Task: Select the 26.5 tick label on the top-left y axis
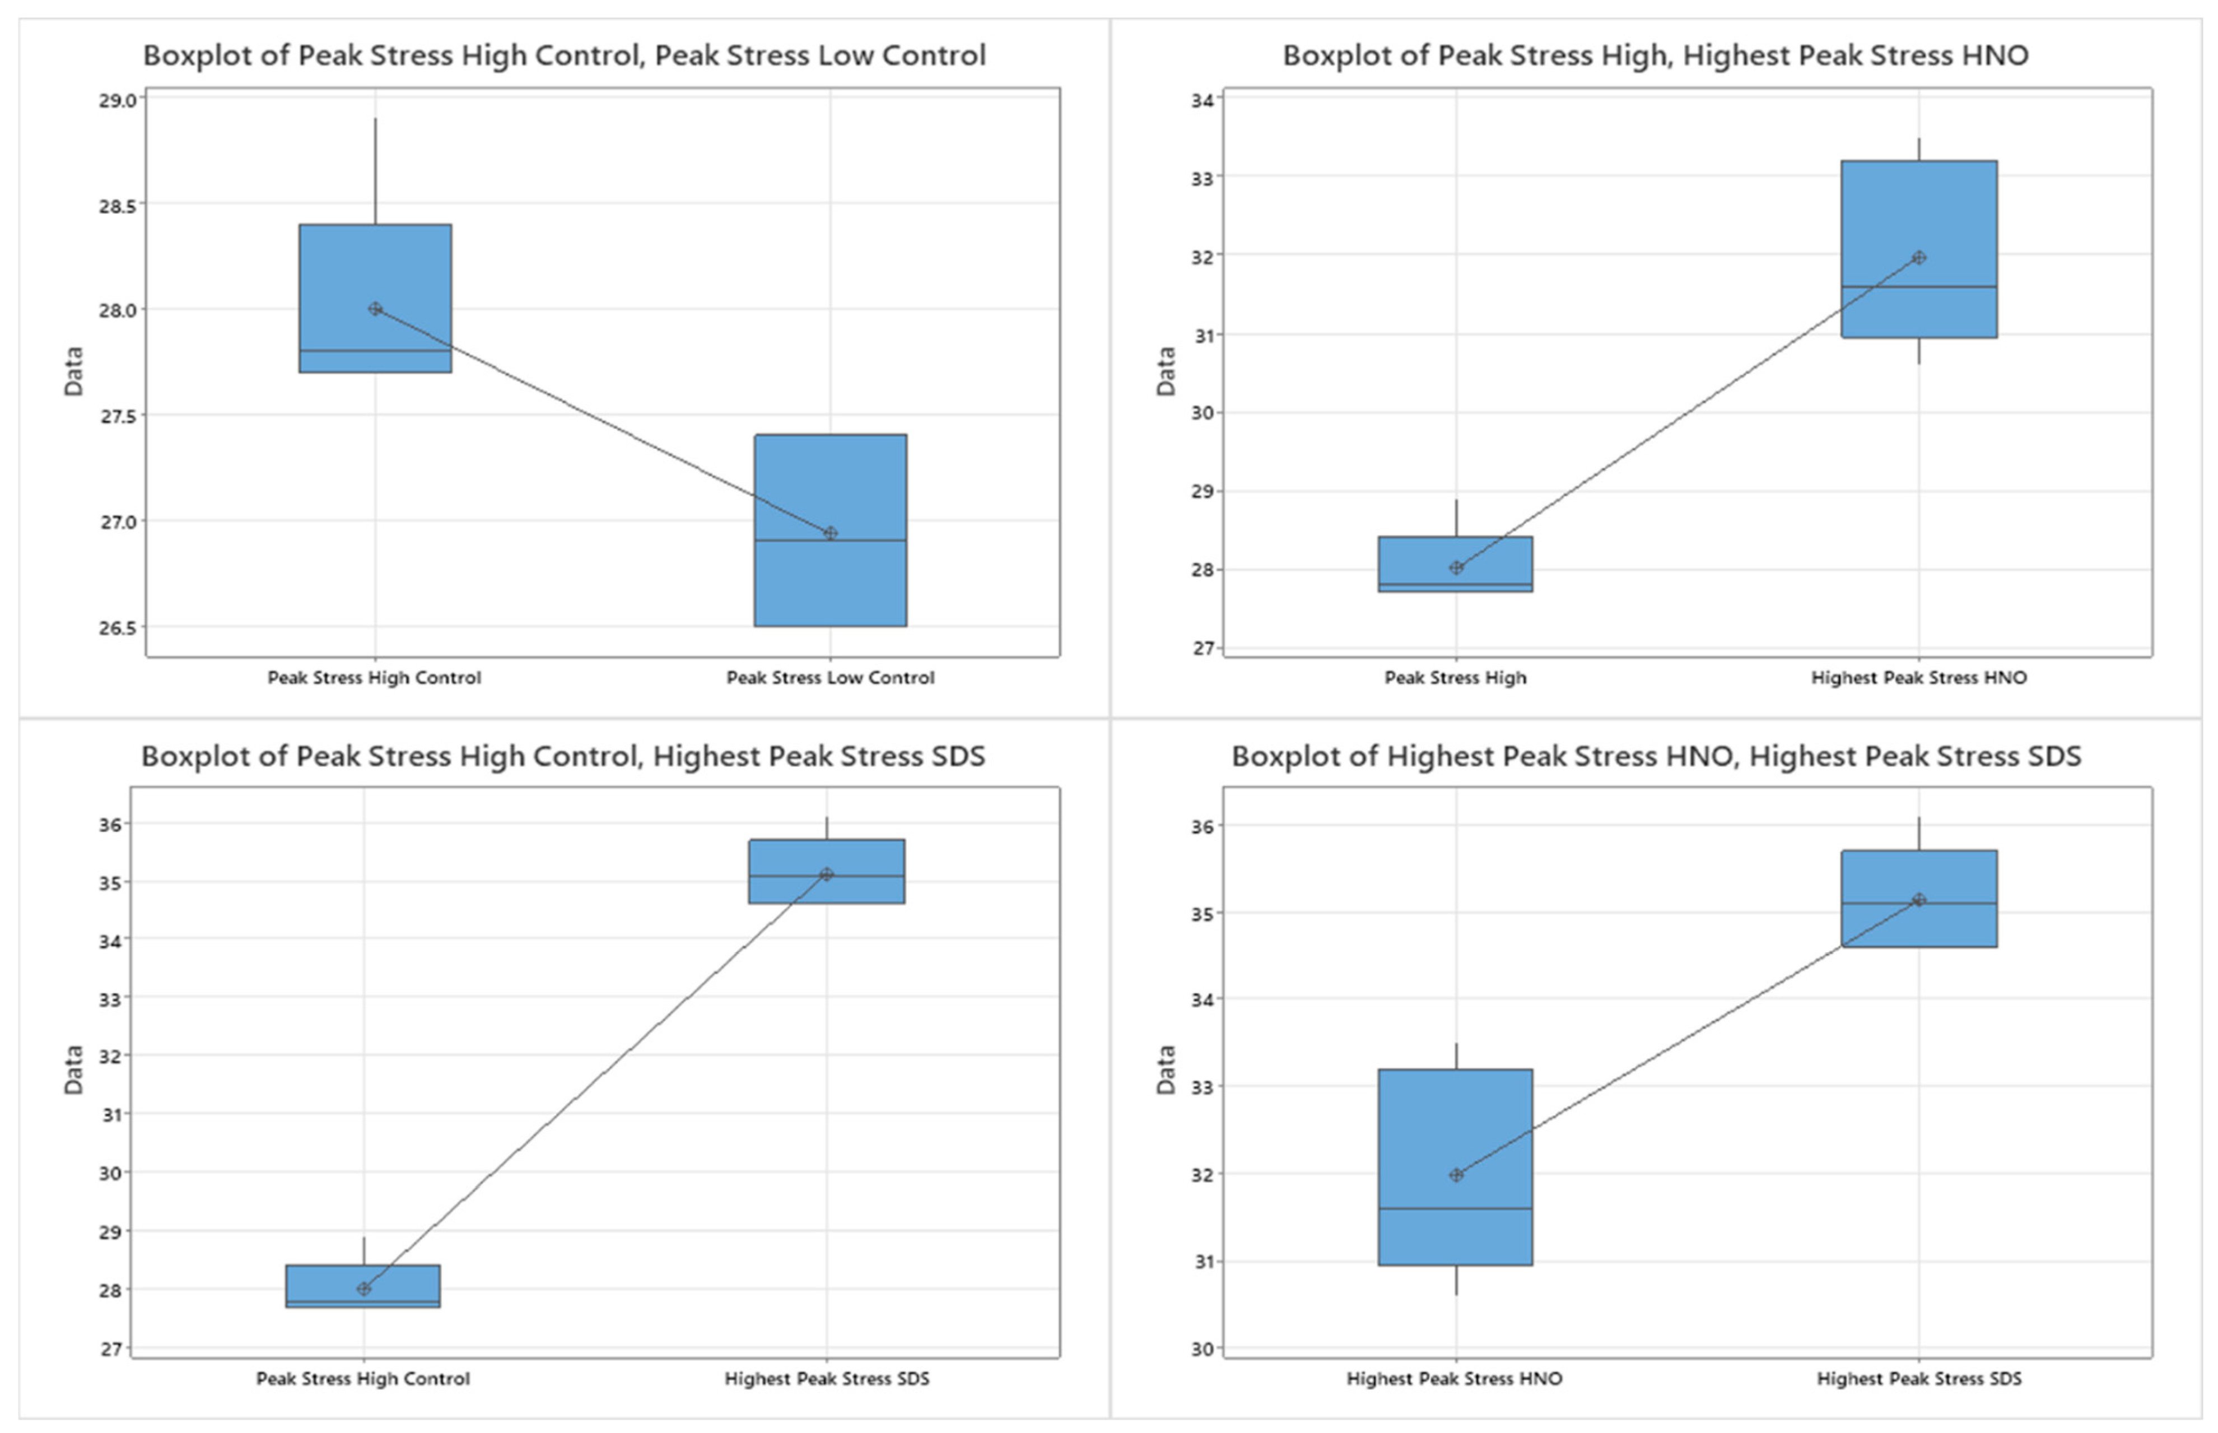coord(117,627)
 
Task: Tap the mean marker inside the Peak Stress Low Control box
coord(831,533)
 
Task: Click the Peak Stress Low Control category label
coord(830,677)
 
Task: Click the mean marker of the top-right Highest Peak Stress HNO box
coord(1918,258)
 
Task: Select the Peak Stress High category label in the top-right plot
coord(1455,677)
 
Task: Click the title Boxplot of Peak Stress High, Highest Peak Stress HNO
coord(1655,55)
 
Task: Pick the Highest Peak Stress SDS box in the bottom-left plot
coord(826,871)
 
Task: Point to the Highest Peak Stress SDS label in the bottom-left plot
coord(826,1378)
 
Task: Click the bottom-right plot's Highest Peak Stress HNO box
coord(1455,1167)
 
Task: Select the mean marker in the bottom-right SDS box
coord(1918,900)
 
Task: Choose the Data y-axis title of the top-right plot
coord(1166,371)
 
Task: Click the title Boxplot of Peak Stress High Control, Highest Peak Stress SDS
coord(563,756)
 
